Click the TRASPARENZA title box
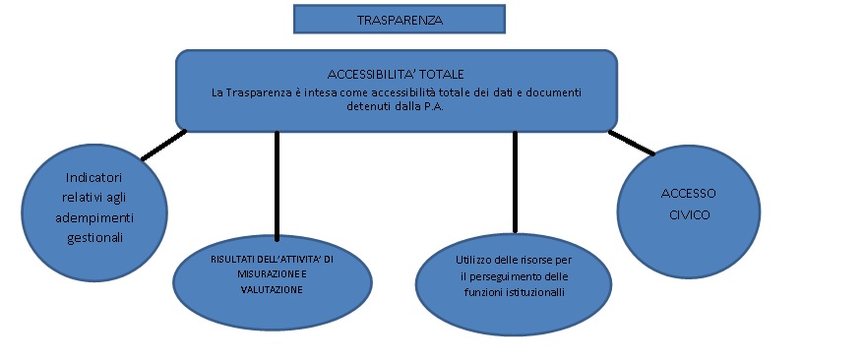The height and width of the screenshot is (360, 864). pyautogui.click(x=399, y=19)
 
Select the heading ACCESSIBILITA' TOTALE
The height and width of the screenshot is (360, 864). pyautogui.click(x=395, y=75)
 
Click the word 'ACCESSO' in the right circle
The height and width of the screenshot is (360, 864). pyautogui.click(x=688, y=193)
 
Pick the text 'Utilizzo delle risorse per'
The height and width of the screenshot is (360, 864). pyautogui.click(x=509, y=260)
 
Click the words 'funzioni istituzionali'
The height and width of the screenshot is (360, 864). pyautogui.click(x=509, y=291)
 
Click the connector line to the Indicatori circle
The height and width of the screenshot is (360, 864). pyautogui.click(x=163, y=145)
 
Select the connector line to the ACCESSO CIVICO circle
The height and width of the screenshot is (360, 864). pyautogui.click(x=631, y=143)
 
